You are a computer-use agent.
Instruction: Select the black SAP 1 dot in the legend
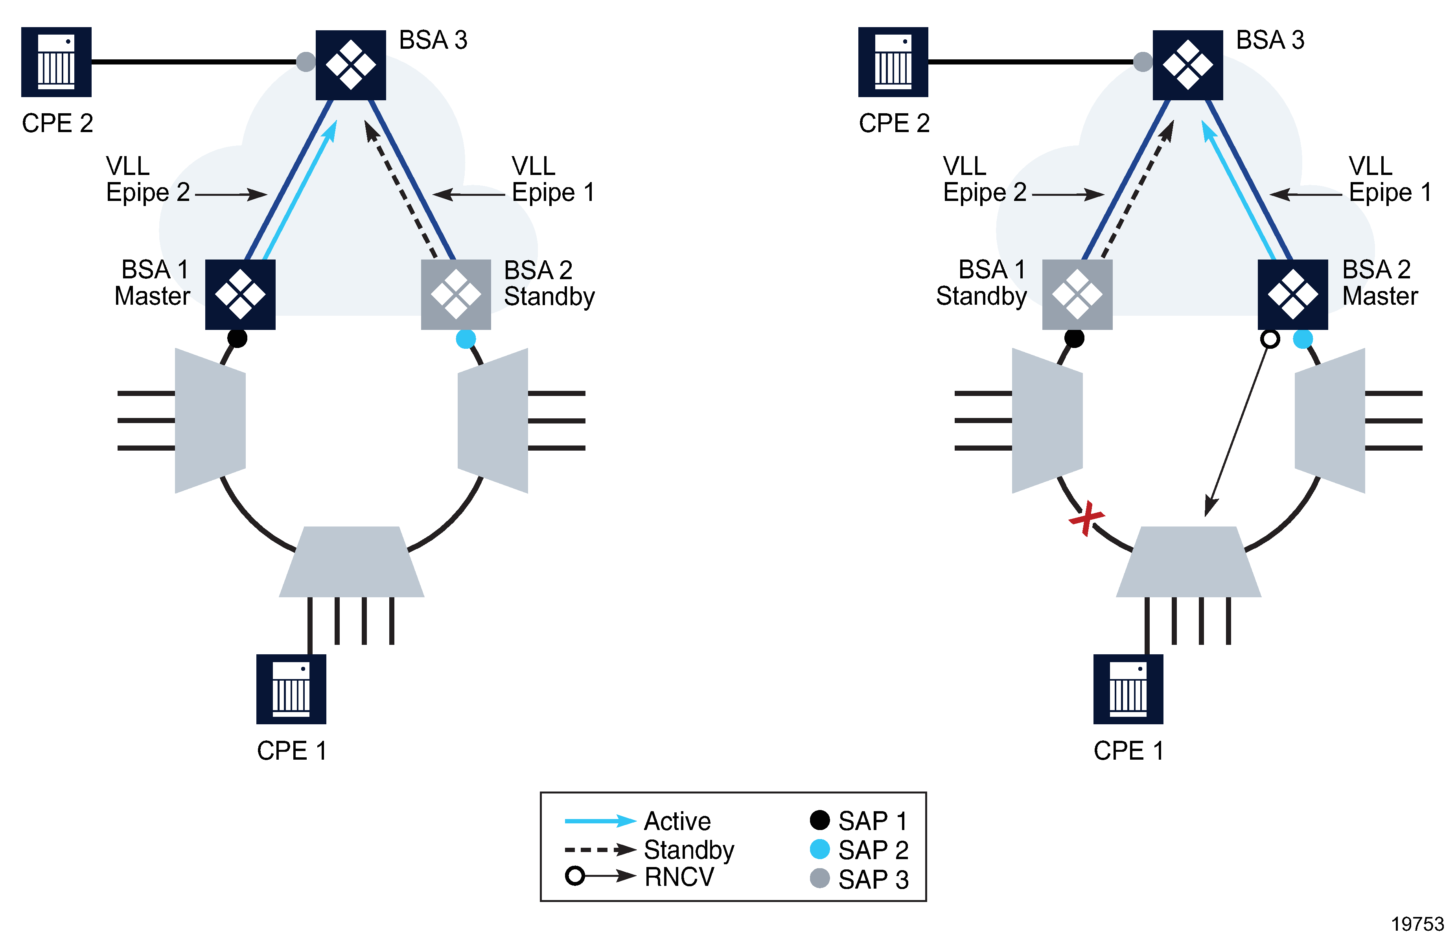tap(820, 820)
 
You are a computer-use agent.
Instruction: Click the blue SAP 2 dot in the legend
tap(820, 849)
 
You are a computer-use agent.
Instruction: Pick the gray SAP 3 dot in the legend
tap(820, 878)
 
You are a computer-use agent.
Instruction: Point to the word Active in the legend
tap(677, 821)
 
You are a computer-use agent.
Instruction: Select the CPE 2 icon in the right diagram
tap(893, 62)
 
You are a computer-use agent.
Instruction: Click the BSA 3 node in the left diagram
tap(351, 65)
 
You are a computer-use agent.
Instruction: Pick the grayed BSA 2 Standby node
tap(456, 295)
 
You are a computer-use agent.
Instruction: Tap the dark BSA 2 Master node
tap(1292, 295)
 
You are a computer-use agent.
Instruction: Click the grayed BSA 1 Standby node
tap(1077, 295)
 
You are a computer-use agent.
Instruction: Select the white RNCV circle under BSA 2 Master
tap(1270, 339)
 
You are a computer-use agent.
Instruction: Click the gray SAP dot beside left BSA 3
tap(306, 61)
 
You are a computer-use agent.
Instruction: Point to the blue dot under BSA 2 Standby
tap(466, 339)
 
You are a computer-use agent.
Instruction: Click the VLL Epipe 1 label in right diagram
tap(1389, 179)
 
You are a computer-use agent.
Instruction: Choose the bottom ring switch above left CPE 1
tap(352, 562)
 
